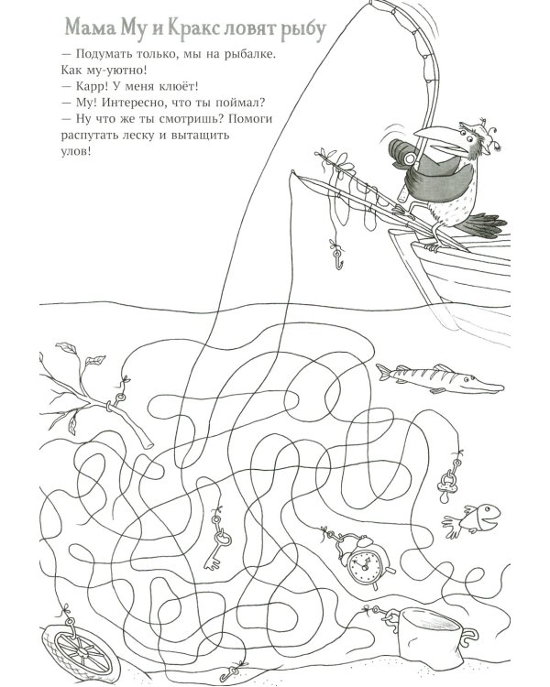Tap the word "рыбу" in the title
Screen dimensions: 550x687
click(x=304, y=30)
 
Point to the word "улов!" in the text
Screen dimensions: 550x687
click(x=76, y=151)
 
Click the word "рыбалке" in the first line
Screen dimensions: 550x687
click(x=249, y=55)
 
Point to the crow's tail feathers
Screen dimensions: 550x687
click(x=481, y=224)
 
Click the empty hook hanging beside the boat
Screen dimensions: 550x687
click(x=337, y=257)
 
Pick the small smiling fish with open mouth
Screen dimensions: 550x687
click(x=474, y=518)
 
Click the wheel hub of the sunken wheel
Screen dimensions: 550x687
click(x=82, y=651)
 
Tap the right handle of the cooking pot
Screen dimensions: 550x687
click(x=470, y=637)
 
